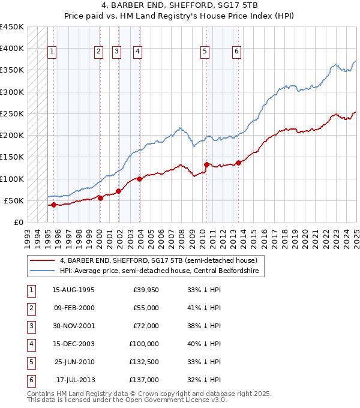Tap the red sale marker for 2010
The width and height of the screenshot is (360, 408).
click(x=206, y=164)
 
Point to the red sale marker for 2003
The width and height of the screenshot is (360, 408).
click(x=139, y=179)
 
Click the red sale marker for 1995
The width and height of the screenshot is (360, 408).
click(x=53, y=205)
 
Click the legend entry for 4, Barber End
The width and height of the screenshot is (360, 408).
click(x=158, y=260)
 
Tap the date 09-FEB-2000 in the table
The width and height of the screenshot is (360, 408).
click(x=73, y=308)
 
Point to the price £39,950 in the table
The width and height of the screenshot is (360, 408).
click(x=146, y=290)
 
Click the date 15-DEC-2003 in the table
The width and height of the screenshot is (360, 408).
click(x=73, y=344)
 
